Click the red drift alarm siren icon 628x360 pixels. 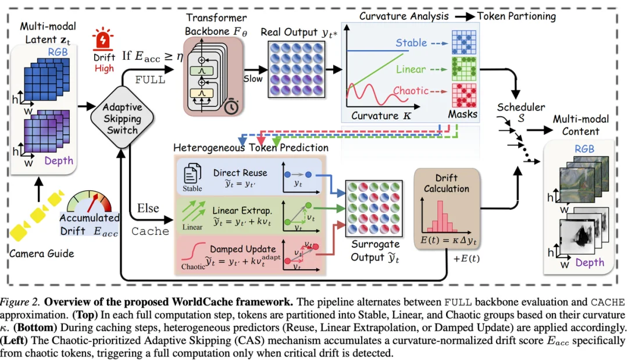click(102, 38)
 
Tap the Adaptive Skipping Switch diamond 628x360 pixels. click(122, 117)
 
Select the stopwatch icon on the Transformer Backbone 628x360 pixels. click(231, 106)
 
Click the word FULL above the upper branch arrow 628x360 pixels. click(150, 80)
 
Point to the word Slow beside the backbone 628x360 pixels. click(253, 79)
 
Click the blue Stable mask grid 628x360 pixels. click(464, 42)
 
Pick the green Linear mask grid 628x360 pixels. click(464, 69)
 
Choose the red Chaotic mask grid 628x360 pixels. click(464, 95)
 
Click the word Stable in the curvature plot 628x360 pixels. click(411, 43)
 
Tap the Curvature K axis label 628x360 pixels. click(381, 116)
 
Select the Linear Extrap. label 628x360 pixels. click(242, 210)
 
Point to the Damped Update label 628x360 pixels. click(242, 249)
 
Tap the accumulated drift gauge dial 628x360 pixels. click(90, 201)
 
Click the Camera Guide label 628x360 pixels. click(42, 254)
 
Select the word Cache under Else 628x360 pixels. click(150, 231)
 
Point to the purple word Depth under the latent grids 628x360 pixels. click(59, 161)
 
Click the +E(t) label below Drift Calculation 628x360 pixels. click(466, 258)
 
